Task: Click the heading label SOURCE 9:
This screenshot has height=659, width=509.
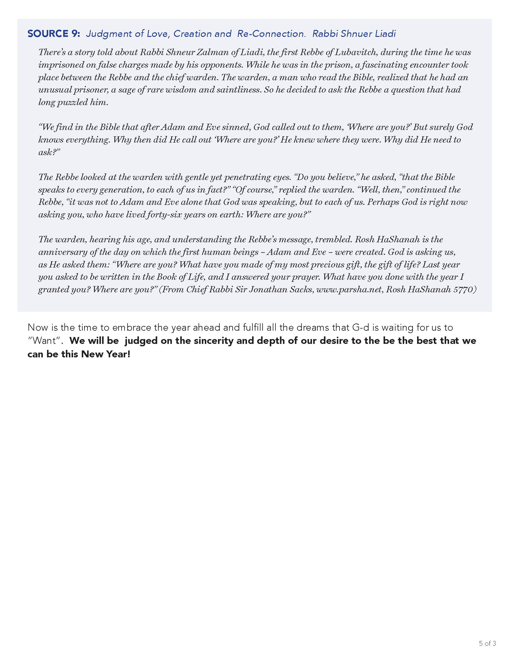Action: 54,34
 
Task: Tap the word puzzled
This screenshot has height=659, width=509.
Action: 72,102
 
